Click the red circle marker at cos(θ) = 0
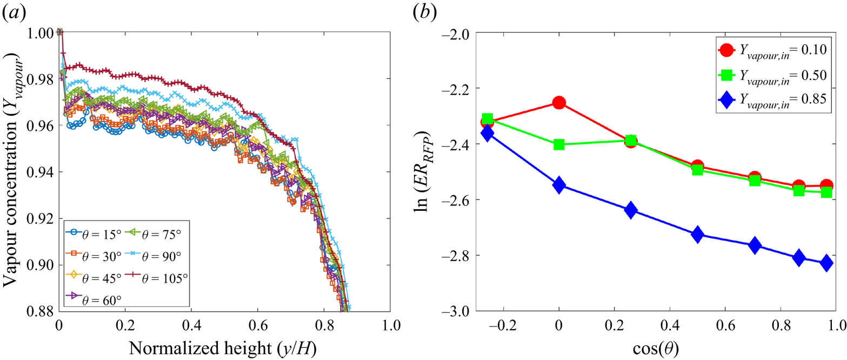tap(559, 103)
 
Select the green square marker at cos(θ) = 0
tap(559, 144)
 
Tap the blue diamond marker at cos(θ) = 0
tap(559, 185)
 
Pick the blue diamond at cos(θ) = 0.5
tap(697, 235)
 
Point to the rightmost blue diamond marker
tap(826, 263)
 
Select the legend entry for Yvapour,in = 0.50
tap(765, 75)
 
